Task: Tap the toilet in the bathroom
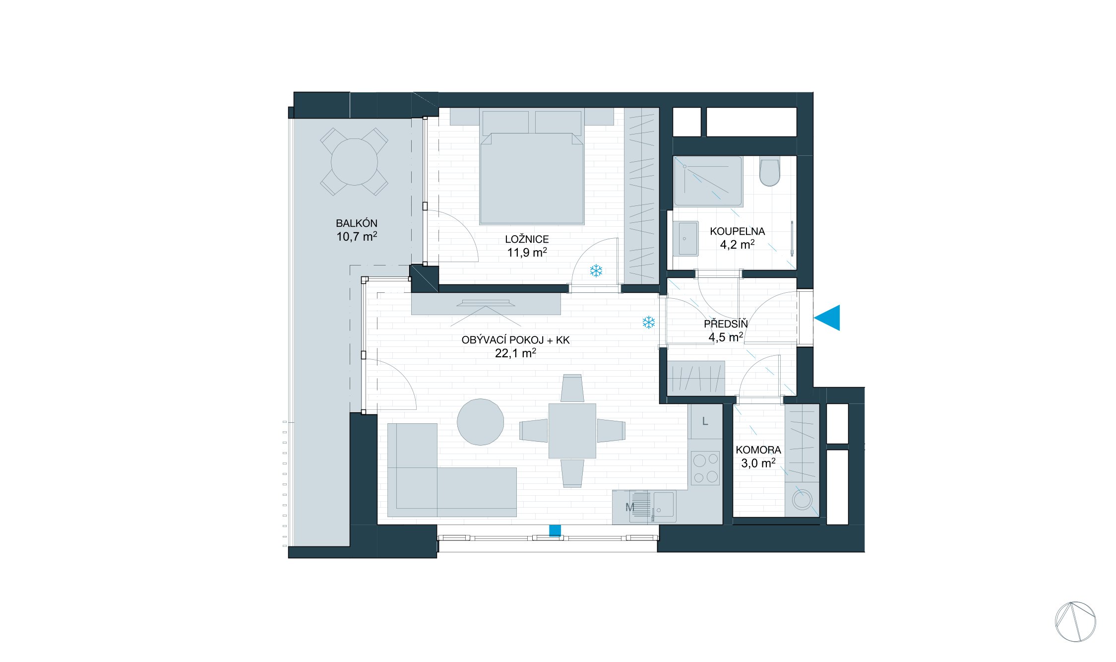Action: tap(769, 171)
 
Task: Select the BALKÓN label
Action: tap(357, 223)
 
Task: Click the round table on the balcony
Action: tap(354, 162)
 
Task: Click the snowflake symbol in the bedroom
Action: tap(596, 271)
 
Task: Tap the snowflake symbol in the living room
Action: tap(648, 323)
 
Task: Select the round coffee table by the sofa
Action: tap(480, 422)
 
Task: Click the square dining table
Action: tap(572, 431)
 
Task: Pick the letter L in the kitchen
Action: tap(705, 422)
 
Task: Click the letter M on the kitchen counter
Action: tap(629, 508)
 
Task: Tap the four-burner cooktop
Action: tap(705, 468)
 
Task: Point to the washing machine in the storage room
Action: tap(802, 500)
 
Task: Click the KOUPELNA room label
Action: tap(737, 231)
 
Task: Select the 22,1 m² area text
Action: tap(515, 353)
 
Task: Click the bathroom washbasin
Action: tap(687, 238)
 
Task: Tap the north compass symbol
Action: tap(1075, 622)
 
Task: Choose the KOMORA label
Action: tap(758, 450)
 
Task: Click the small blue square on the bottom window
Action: tap(555, 530)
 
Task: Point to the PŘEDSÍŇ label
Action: tap(726, 324)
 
